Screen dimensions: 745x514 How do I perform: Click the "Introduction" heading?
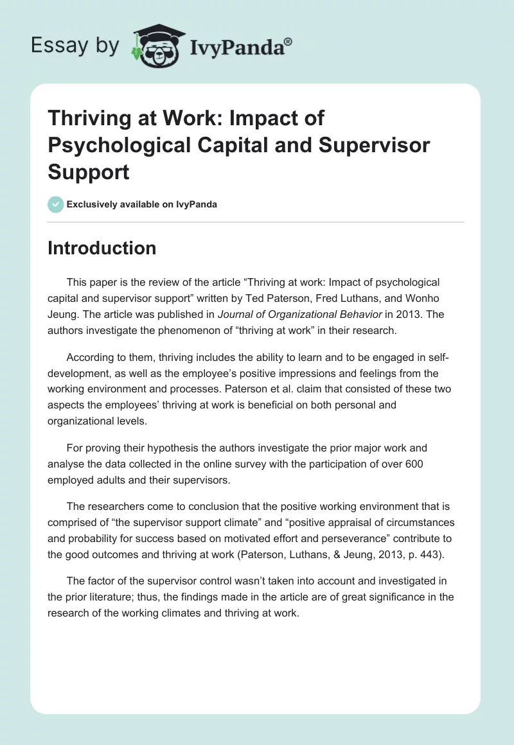point(102,248)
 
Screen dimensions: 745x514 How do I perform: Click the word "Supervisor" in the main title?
point(375,145)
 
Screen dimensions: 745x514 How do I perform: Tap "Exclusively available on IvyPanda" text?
point(142,204)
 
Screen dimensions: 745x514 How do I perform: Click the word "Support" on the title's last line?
point(89,172)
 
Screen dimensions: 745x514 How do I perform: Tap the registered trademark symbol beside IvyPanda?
point(288,41)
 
